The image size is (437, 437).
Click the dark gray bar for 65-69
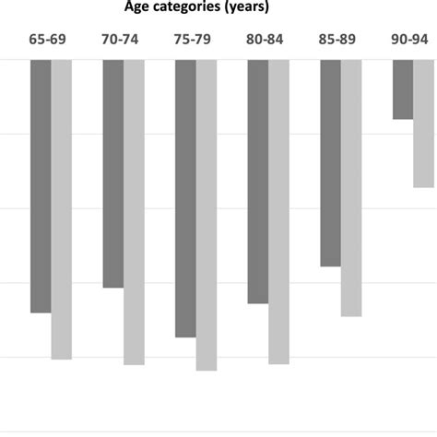click(41, 186)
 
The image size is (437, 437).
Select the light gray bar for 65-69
click(62, 209)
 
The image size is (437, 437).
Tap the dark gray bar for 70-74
click(112, 174)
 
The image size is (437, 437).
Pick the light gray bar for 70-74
click(134, 212)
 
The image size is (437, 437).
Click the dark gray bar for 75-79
click(185, 198)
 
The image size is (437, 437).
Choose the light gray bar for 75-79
click(207, 215)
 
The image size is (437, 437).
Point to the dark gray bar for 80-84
click(257, 182)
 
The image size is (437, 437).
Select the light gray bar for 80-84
click(278, 212)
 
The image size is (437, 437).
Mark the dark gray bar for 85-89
click(330, 163)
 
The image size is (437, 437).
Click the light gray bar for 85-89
click(351, 188)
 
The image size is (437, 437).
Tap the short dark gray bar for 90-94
click(403, 89)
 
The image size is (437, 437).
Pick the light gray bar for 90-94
click(423, 124)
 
